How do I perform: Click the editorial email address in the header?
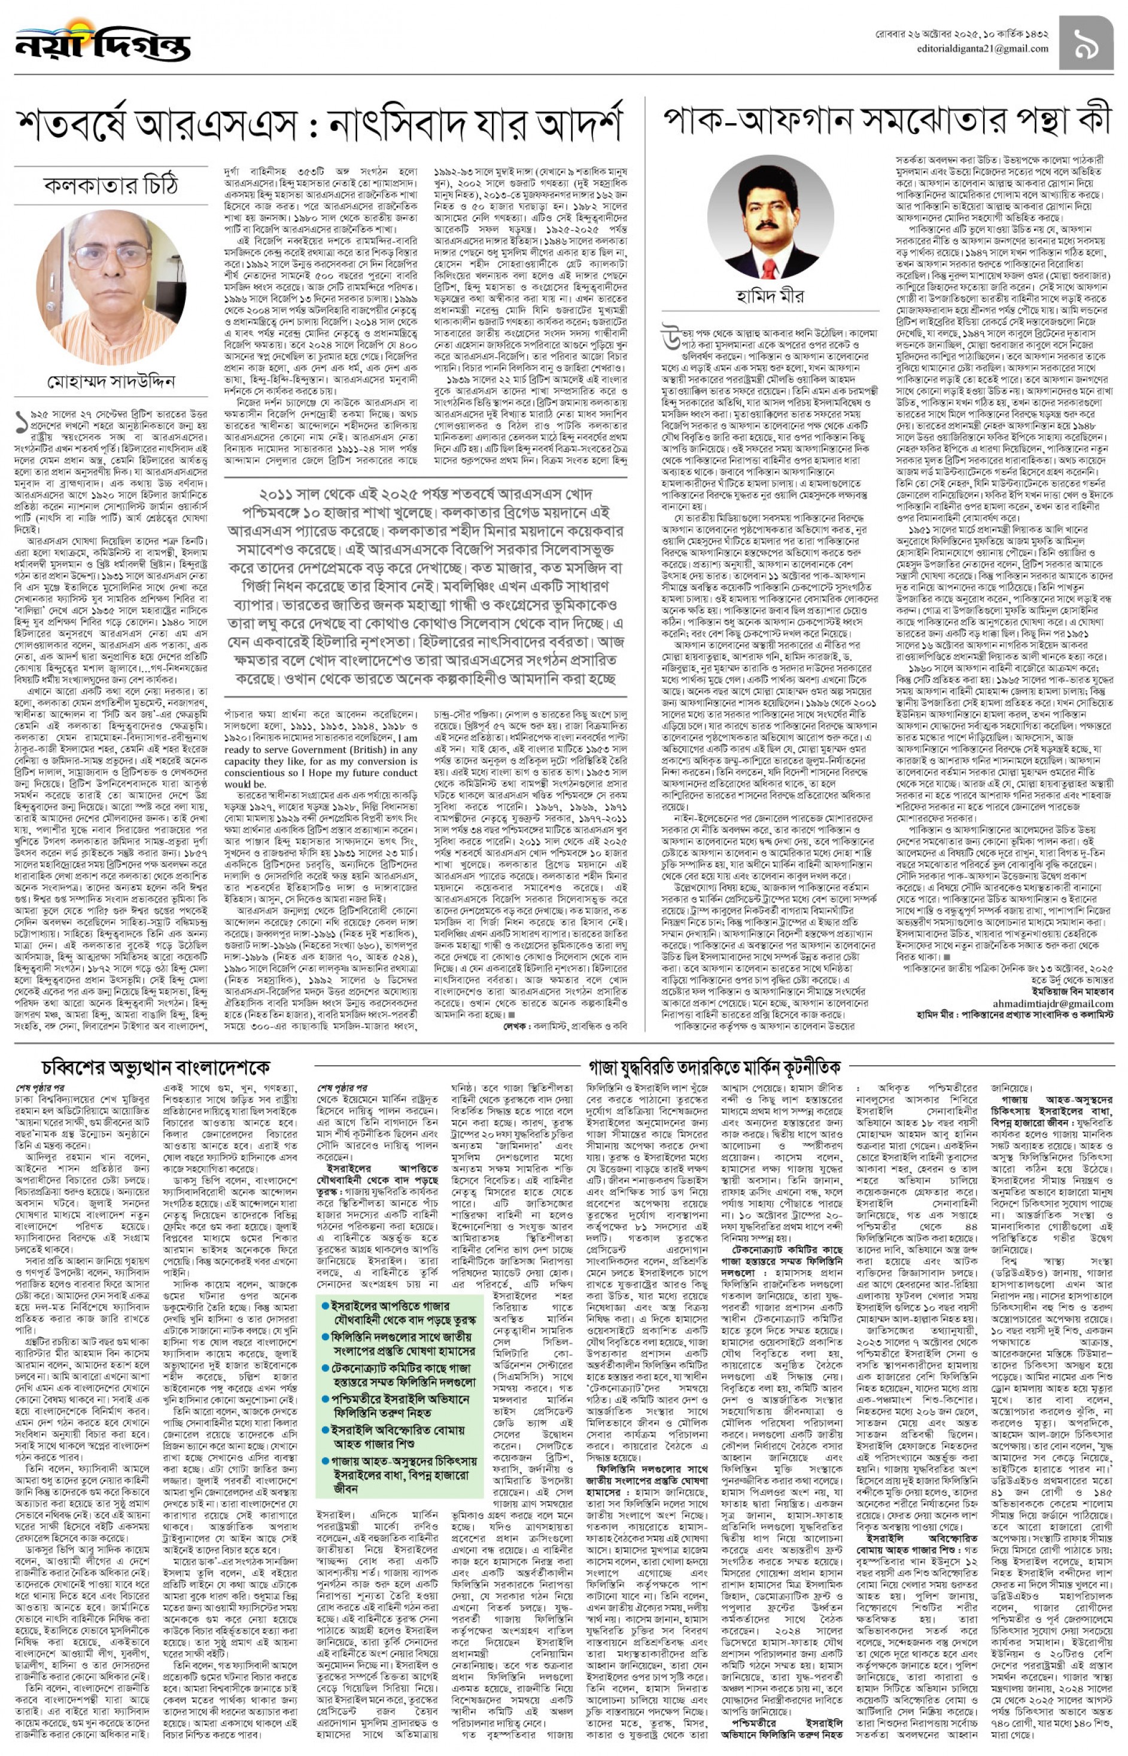982,49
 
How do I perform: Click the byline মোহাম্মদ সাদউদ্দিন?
111,382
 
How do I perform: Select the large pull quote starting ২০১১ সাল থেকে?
425,586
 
